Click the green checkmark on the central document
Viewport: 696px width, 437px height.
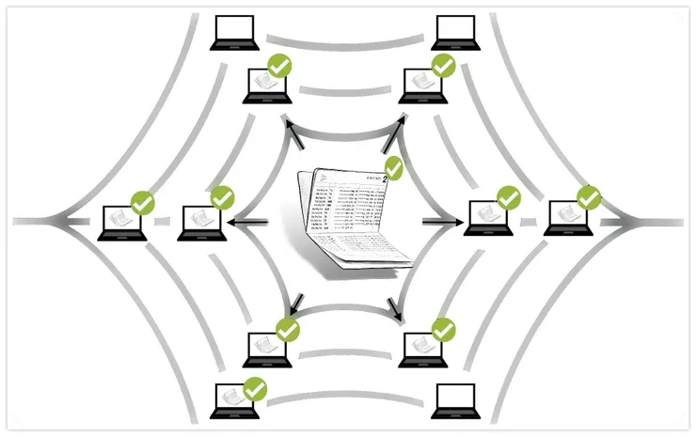pyautogui.click(x=394, y=167)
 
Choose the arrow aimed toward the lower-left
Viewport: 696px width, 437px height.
pyautogui.click(x=295, y=304)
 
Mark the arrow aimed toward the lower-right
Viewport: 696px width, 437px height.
pyautogui.click(x=396, y=306)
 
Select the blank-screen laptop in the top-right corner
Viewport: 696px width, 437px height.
pyautogui.click(x=454, y=33)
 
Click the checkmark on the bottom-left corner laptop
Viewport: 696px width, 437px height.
pyautogui.click(x=255, y=386)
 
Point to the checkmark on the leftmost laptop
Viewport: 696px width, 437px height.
pyautogui.click(x=142, y=201)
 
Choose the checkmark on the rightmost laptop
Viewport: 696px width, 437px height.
pyautogui.click(x=588, y=197)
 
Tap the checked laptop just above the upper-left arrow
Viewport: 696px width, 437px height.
pyautogui.click(x=266, y=86)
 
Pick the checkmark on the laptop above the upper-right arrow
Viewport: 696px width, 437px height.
pyautogui.click(x=442, y=66)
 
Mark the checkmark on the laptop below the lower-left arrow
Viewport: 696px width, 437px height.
pyautogui.click(x=287, y=329)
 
